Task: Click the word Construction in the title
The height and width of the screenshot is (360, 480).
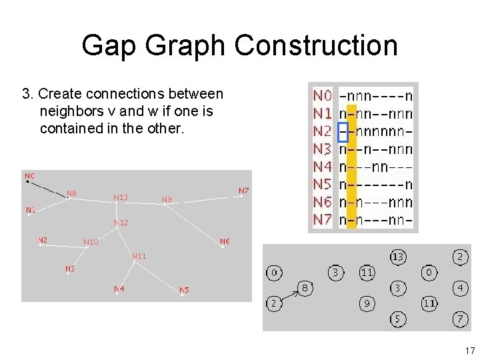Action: coord(315,46)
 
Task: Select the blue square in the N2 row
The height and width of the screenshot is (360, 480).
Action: coord(343,132)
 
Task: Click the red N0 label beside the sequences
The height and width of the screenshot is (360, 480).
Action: coord(323,97)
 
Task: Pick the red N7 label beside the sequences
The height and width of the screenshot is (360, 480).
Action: coord(323,219)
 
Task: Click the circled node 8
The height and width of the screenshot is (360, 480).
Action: coord(305,289)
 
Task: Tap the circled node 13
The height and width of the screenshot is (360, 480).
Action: coord(398,257)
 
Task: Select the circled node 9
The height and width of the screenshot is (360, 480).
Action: coord(367,304)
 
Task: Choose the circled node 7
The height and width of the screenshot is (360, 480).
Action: coord(461,319)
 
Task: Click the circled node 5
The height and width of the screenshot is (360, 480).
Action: coord(397,320)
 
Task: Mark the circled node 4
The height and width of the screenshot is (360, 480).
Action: coord(461,289)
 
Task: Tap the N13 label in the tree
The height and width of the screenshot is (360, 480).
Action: coord(121,197)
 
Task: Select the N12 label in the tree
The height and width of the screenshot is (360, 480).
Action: coord(121,223)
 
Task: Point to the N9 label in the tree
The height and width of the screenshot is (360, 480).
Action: coord(167,199)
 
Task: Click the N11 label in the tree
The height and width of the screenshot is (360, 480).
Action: coord(139,256)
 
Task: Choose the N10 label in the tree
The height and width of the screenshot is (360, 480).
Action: coord(91,242)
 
